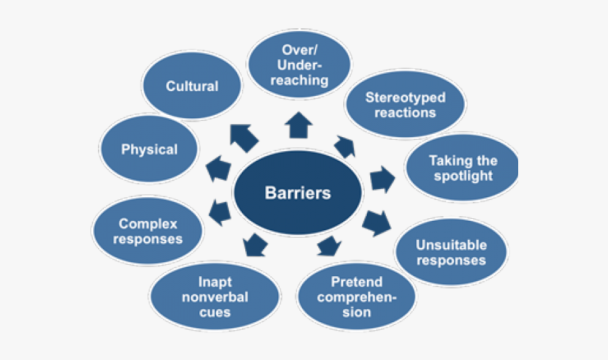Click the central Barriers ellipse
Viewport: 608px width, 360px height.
(x=297, y=193)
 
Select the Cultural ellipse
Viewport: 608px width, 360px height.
(x=193, y=86)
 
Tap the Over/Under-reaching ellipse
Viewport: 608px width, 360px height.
(x=299, y=66)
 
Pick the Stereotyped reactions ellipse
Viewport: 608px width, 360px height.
(x=405, y=105)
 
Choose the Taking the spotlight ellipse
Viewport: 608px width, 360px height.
(x=463, y=169)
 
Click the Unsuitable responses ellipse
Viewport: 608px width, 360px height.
(x=451, y=252)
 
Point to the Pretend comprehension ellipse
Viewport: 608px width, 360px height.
(x=357, y=297)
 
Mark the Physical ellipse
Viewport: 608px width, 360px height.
(x=149, y=149)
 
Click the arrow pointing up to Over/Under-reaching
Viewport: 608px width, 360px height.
(x=299, y=126)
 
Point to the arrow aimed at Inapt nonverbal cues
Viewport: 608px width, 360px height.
(x=253, y=244)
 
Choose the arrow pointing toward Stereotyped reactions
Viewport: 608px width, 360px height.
(x=344, y=145)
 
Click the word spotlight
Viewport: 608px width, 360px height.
(x=463, y=176)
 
